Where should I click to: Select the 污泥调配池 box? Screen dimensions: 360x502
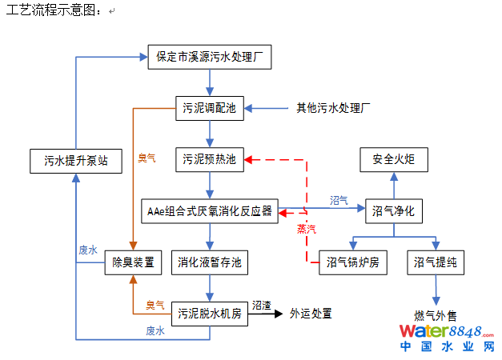(x=209, y=108)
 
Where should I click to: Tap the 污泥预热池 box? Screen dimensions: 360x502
(x=209, y=160)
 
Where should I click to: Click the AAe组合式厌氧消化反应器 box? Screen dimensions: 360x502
(x=210, y=212)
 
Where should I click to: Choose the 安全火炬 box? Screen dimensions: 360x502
(x=394, y=160)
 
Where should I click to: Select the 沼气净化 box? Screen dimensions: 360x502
(x=394, y=212)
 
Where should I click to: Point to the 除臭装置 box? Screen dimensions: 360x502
(x=134, y=262)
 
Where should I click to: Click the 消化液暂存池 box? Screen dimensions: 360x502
(x=210, y=262)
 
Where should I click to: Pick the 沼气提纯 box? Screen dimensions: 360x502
(x=436, y=262)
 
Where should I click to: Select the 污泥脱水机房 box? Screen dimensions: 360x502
(x=210, y=313)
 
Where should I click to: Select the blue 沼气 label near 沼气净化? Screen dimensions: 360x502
(x=339, y=200)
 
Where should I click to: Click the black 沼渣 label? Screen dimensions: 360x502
(x=261, y=306)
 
